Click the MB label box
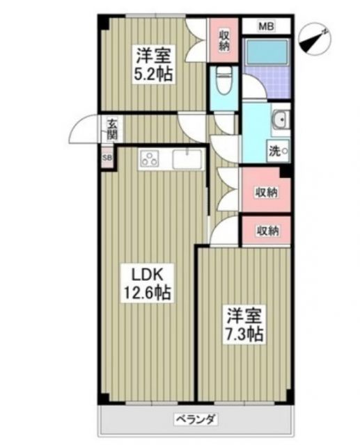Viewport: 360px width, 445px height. coord(266,26)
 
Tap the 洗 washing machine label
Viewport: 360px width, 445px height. coord(276,150)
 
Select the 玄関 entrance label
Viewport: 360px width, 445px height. coord(111,131)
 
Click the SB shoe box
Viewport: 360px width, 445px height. coord(107,157)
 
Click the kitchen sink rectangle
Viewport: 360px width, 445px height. coord(187,159)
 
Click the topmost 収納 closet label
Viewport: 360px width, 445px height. coord(224,40)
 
